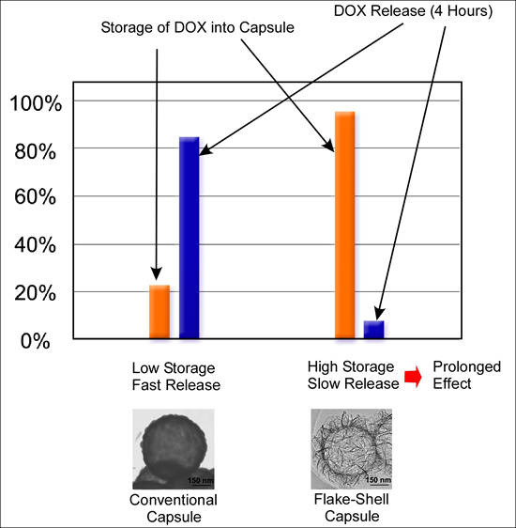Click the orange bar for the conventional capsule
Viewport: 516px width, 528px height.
pos(159,311)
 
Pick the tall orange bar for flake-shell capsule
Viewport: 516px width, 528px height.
pos(345,225)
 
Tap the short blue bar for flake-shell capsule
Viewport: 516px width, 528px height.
pos(374,329)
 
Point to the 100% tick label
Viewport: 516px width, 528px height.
pos(35,103)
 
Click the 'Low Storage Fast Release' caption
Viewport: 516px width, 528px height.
pos(175,377)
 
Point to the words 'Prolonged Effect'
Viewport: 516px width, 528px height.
pos(466,375)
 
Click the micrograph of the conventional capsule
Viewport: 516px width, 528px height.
pos(174,448)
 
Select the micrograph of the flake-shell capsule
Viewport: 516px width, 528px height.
pos(350,448)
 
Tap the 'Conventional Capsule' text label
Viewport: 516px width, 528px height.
pos(174,507)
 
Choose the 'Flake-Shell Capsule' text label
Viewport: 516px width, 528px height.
pos(350,507)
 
